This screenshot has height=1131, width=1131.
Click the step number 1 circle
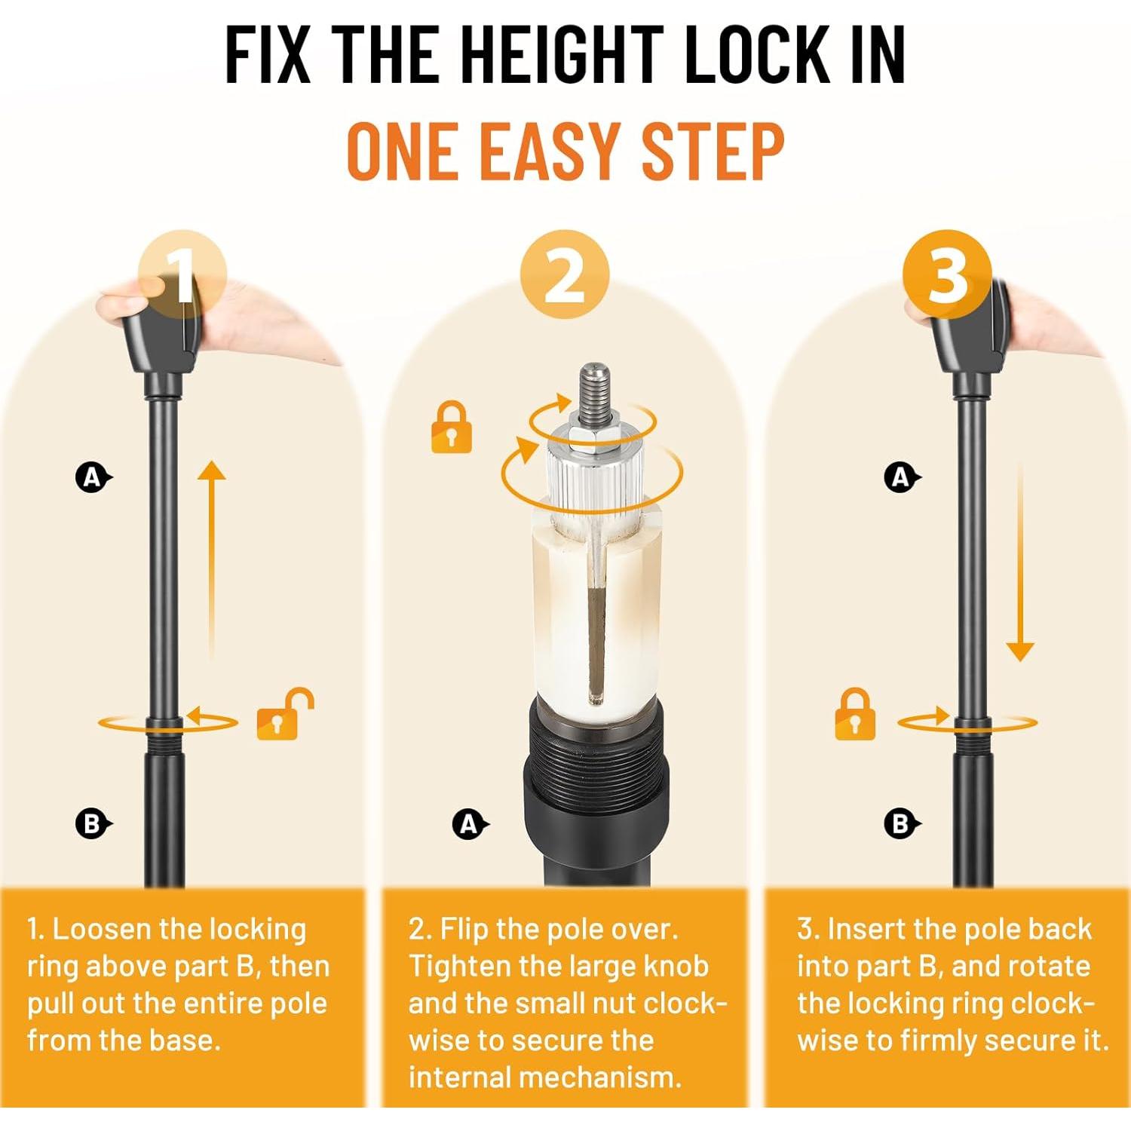point(182,274)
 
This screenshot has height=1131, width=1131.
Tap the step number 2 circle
point(565,274)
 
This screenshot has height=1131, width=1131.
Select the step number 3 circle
point(947,274)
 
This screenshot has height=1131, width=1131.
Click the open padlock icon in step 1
point(284,714)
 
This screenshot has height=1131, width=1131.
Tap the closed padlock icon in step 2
point(451,428)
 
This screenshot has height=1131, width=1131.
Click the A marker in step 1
point(93,477)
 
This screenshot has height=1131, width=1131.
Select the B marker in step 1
point(93,823)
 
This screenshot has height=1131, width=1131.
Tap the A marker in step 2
point(470,824)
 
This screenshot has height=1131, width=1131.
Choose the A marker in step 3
point(901,477)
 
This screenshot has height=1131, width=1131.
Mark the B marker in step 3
point(901,823)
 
